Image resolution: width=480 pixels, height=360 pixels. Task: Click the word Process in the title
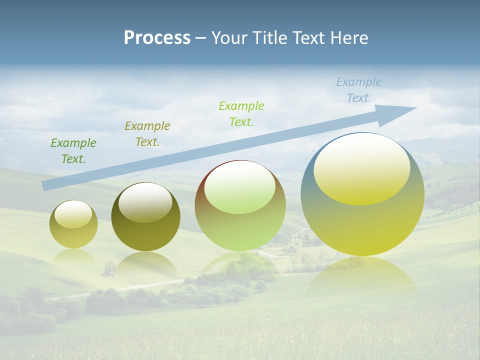point(157,38)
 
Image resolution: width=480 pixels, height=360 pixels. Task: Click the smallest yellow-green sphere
point(73,224)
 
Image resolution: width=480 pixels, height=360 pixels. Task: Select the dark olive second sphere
point(145,216)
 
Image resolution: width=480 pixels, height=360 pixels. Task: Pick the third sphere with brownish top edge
point(240,205)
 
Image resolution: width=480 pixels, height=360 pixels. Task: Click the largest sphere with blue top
point(362,194)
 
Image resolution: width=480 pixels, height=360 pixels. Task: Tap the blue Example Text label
point(359,90)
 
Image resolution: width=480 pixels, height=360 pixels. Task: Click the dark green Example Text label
point(73,151)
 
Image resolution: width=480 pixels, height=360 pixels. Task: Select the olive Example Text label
point(147,134)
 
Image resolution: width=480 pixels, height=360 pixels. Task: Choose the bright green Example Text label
point(241,113)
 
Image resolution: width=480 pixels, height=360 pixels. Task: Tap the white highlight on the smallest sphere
point(73,214)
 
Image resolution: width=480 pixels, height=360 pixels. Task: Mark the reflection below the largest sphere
point(361,275)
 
